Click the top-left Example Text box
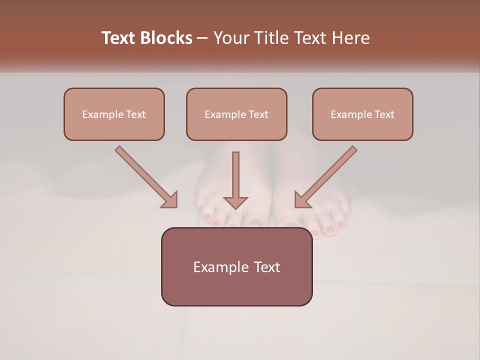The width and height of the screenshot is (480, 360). (x=114, y=114)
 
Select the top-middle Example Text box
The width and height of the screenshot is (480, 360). (x=236, y=114)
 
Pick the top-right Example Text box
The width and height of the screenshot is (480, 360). (x=362, y=114)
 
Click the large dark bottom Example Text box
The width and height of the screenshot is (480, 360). (x=236, y=266)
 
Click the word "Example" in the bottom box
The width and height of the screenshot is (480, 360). (x=218, y=267)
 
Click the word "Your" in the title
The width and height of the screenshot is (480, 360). (x=229, y=38)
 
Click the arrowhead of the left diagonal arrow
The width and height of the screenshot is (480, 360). (x=169, y=200)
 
